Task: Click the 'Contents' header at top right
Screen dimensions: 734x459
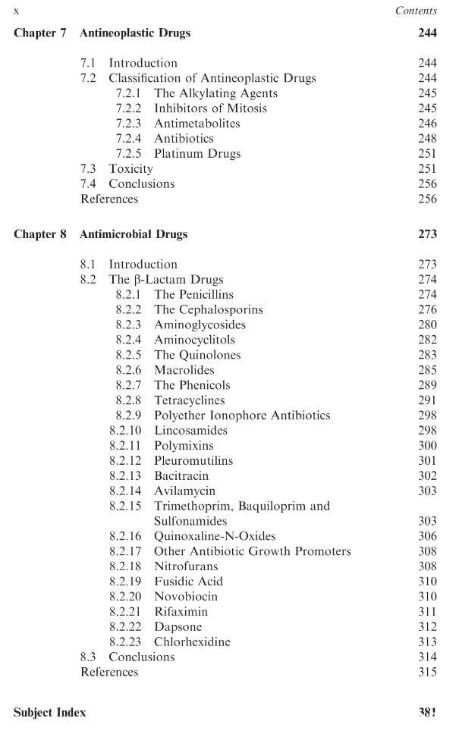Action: (x=416, y=11)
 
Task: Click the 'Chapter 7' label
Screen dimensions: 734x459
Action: (x=40, y=33)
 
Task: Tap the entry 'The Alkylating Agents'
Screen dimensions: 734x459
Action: (x=215, y=93)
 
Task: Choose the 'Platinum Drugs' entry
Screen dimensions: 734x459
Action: (x=197, y=154)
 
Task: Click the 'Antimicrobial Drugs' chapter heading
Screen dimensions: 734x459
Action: (x=134, y=234)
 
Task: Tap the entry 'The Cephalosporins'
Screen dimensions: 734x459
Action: (x=209, y=310)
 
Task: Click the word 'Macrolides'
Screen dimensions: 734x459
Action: (x=184, y=371)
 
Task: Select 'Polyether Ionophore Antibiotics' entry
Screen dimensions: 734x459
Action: (x=242, y=416)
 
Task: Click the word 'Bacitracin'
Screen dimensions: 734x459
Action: (x=182, y=476)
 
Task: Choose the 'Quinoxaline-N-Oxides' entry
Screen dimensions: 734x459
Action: (x=209, y=536)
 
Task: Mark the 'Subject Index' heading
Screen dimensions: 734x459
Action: (x=50, y=712)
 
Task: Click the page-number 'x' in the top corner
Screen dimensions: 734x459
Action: (x=17, y=11)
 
